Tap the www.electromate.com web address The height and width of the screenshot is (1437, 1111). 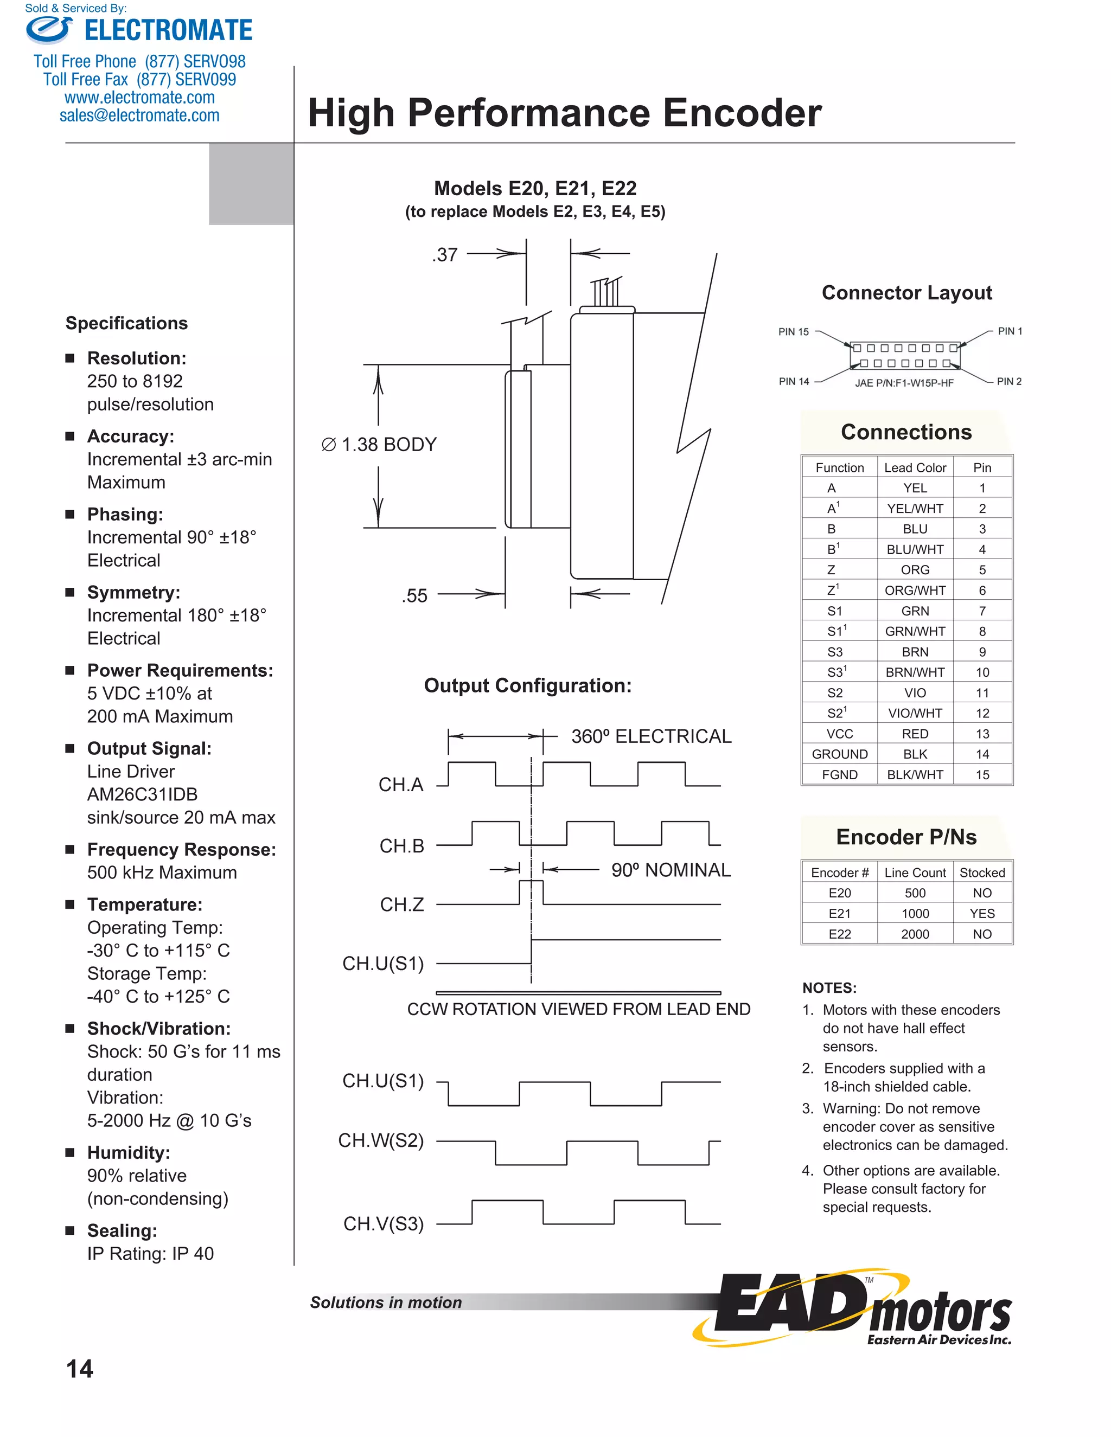139,98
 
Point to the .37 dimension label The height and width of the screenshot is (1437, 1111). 445,255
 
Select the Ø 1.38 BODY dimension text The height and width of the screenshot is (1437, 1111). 380,444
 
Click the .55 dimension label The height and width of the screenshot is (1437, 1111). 414,595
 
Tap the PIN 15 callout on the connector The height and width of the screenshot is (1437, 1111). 793,332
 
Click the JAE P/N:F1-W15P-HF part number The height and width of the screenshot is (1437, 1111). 904,383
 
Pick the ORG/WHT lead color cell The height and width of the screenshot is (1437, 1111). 914,590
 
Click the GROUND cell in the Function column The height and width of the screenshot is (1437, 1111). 839,754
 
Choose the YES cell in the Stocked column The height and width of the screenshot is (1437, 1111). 981,913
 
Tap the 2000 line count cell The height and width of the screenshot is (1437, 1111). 914,934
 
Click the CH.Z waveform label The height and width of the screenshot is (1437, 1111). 401,904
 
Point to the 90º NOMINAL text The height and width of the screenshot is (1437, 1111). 670,870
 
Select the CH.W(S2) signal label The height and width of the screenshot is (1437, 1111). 380,1140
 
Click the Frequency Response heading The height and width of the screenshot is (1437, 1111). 181,849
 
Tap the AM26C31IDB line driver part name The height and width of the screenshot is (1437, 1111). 142,794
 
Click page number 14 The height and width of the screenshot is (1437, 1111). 80,1369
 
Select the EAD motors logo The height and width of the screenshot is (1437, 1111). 855,1310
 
